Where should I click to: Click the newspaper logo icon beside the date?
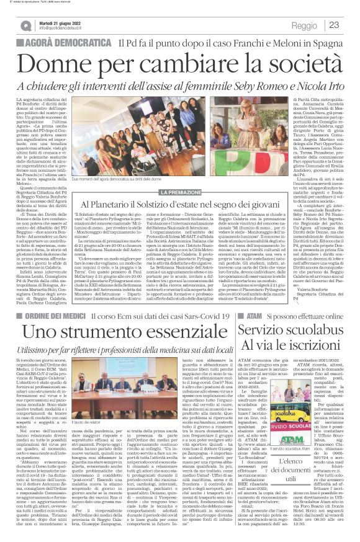point(26,25)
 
